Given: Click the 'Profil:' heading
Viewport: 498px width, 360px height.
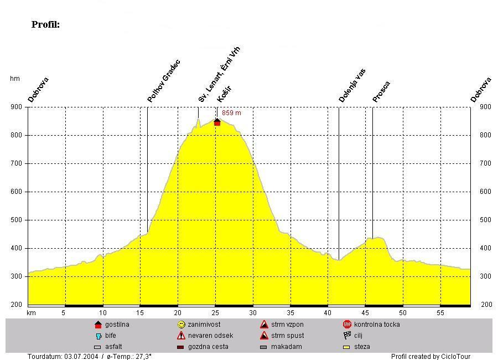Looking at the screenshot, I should [45, 24].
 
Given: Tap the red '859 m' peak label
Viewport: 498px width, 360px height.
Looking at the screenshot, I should [231, 113].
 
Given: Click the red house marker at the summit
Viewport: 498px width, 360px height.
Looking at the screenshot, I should [217, 122].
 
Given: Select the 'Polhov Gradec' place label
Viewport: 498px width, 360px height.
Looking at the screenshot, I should [164, 81].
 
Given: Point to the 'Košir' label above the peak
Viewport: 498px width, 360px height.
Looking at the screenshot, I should [224, 94].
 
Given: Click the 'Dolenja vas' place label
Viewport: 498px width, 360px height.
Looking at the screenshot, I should [352, 85].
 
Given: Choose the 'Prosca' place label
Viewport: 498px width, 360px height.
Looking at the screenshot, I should [381, 92].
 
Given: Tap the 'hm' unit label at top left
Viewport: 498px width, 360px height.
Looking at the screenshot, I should [15, 79].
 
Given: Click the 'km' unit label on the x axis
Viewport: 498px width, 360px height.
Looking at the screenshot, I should [31, 313].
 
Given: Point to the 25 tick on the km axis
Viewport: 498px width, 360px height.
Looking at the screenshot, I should [215, 313].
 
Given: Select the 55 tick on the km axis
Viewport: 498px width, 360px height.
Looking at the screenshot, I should [440, 313].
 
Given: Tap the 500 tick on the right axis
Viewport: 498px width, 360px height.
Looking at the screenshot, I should [486, 220].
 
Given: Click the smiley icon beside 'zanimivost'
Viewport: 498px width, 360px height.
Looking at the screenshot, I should [181, 325].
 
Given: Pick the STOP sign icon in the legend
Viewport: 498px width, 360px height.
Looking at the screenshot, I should [347, 325].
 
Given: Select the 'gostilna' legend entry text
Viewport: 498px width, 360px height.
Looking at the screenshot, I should [117, 325].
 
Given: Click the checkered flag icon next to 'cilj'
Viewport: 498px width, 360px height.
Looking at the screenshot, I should [347, 336].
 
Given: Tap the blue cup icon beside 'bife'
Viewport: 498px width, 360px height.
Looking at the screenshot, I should [98, 336].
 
